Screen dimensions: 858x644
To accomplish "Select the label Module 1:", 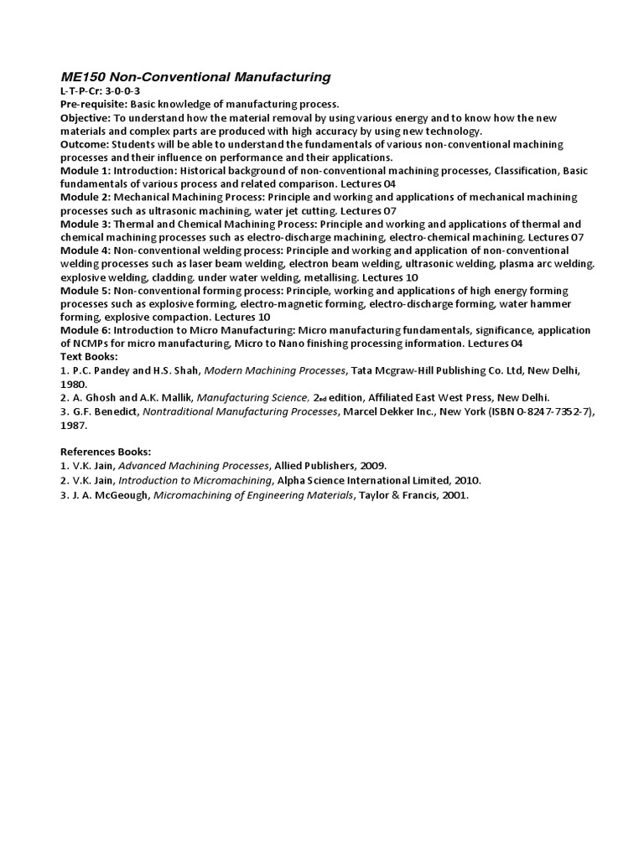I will coord(86,171).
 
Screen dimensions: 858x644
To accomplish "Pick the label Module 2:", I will coord(86,197).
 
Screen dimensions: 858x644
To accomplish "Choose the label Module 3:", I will coord(86,224).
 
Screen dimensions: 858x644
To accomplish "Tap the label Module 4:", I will coord(86,251).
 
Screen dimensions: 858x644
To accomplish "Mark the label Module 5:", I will coord(86,290).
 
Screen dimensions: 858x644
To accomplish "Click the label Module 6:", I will coord(86,330).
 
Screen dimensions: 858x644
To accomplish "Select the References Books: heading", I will coord(105,451).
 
